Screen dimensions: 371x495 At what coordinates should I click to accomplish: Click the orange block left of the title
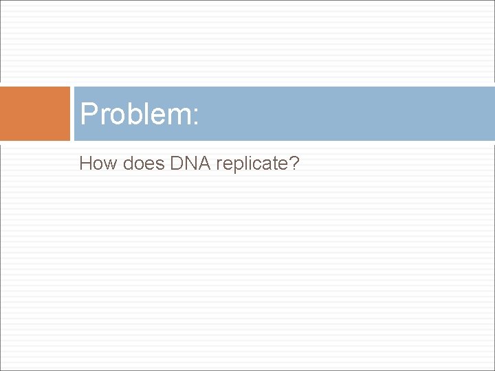click(35, 113)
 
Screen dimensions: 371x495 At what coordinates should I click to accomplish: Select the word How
click(95, 164)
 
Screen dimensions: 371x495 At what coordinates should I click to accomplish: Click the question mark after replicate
click(295, 164)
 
